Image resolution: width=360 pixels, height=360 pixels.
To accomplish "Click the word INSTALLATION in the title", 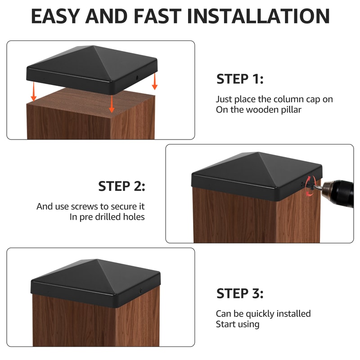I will tap(258, 16).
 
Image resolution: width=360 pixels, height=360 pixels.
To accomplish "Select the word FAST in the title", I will tap(157, 16).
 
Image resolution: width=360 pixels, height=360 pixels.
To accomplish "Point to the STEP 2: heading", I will tap(121, 186).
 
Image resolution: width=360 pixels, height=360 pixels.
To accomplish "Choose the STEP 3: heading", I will tap(240, 293).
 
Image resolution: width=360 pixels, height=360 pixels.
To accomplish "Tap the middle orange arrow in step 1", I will tap(112, 104).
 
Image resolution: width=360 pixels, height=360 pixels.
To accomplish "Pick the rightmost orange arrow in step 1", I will tap(154, 81).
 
